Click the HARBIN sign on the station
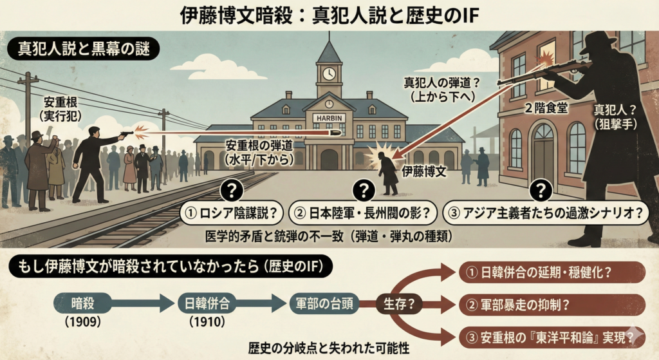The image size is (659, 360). (329, 117)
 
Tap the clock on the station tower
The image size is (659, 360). (329, 73)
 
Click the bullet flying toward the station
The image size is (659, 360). (335, 133)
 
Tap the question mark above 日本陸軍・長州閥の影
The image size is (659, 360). (364, 189)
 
